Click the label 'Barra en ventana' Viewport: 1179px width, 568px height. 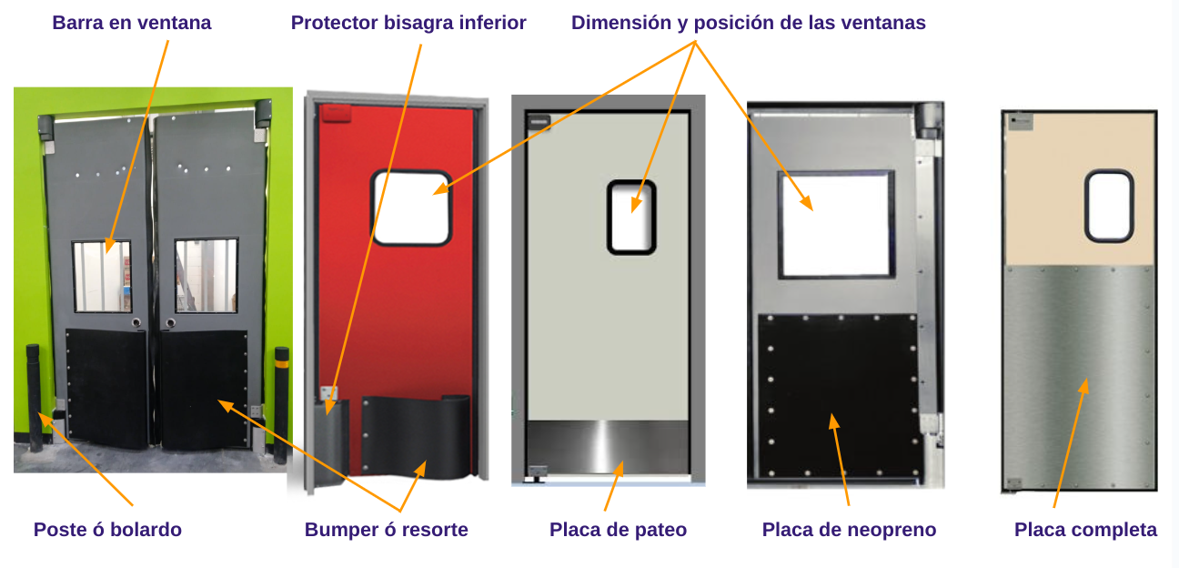point(132,23)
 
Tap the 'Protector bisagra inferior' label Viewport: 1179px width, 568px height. point(408,23)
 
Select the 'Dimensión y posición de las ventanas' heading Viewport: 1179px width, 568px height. point(749,23)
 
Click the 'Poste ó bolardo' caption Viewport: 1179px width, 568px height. point(108,529)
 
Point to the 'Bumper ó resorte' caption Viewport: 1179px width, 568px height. point(387,529)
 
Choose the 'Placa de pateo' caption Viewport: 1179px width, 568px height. point(618,529)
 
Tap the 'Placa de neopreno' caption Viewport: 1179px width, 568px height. point(849,529)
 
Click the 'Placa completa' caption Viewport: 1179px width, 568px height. point(1085,529)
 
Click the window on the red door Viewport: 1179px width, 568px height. point(411,208)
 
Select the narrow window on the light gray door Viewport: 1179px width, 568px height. point(631,217)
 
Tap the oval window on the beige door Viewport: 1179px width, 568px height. point(1109,206)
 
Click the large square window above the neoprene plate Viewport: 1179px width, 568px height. point(836,224)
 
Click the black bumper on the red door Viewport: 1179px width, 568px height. point(416,437)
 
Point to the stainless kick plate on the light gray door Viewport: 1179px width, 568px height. point(608,446)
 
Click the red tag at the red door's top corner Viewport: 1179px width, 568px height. point(336,113)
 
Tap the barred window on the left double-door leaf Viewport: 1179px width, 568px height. point(102,277)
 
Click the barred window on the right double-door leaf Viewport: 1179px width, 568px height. point(207,275)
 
